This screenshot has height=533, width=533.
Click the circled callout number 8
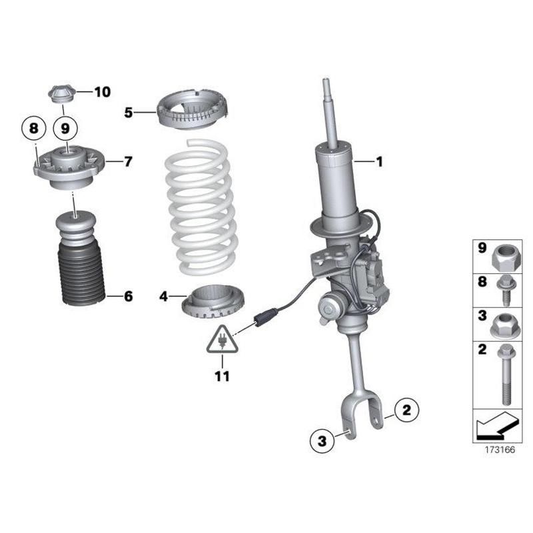coord(34,129)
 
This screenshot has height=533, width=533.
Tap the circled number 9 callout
coord(65,129)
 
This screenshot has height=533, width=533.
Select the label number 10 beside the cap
coord(103,92)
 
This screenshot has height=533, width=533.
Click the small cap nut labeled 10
coord(61,93)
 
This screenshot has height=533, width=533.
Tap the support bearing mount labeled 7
coord(71,167)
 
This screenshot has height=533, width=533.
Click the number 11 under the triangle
coord(223,376)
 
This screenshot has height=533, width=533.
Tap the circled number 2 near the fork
coord(406,410)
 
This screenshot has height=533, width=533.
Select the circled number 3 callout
coord(322,441)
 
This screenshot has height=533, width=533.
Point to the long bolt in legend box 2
coord(506,374)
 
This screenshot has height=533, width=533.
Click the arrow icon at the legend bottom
coord(497,425)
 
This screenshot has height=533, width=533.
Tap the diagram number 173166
coord(500,450)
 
